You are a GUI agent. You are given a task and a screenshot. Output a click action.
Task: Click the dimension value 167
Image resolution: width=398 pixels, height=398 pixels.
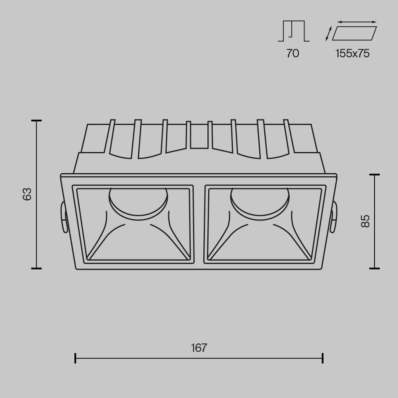(x=199, y=347)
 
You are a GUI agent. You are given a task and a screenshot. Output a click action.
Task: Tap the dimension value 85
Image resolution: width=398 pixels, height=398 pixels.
(x=365, y=221)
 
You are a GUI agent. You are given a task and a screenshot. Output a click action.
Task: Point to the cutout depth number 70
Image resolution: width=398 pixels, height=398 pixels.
(x=293, y=53)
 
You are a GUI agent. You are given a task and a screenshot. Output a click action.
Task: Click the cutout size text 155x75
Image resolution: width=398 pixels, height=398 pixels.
(x=352, y=53)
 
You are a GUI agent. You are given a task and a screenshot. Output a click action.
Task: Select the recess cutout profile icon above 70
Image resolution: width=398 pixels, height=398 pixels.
(x=294, y=31)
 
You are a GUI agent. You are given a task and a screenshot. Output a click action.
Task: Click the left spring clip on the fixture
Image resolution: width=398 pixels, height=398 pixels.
(x=63, y=217)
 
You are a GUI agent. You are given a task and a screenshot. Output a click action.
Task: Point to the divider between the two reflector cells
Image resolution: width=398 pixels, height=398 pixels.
(x=199, y=224)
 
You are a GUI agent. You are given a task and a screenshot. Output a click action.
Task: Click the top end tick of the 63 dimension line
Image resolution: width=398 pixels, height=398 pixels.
(x=37, y=120)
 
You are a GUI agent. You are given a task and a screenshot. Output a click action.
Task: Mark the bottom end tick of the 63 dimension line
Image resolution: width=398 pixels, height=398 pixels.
(x=37, y=269)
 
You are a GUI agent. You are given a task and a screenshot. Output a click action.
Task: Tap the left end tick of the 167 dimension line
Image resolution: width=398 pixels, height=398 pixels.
(x=75, y=358)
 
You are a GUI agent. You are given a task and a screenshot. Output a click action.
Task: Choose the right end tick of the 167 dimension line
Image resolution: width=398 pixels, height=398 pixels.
(x=322, y=358)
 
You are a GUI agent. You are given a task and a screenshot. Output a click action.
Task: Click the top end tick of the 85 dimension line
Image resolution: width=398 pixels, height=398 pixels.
(x=374, y=175)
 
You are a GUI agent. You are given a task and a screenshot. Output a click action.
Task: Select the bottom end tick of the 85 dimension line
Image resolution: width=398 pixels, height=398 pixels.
(x=374, y=269)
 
